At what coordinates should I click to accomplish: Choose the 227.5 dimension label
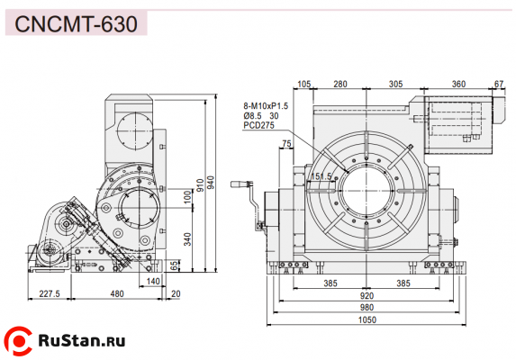tap(50, 293)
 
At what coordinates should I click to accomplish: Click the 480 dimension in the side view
tap(117, 293)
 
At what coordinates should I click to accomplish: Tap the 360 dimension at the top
tap(458, 84)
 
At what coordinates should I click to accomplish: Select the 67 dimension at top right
tap(499, 84)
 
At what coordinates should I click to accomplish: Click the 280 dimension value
tap(340, 84)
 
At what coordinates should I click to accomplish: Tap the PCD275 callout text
tap(258, 126)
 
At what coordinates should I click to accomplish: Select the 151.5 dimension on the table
tap(321, 176)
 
